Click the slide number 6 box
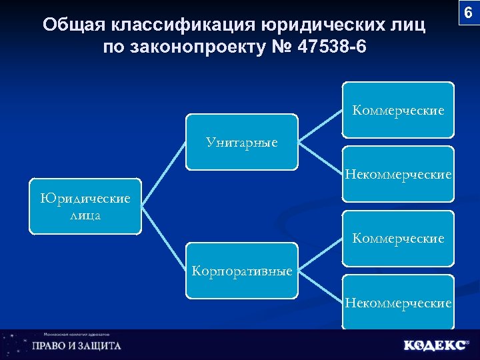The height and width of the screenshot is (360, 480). [x=467, y=13]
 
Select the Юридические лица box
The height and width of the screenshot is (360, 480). [x=85, y=206]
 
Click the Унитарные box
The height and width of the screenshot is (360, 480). [x=242, y=141]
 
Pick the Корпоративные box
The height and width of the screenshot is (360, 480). [x=242, y=271]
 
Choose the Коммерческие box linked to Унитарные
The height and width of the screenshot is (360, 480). [x=398, y=110]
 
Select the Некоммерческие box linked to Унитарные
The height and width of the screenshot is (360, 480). [x=398, y=174]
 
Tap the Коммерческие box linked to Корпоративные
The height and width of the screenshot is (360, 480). [x=398, y=238]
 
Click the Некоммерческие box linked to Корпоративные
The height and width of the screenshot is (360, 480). [x=398, y=303]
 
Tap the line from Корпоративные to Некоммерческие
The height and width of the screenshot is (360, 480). [x=321, y=287]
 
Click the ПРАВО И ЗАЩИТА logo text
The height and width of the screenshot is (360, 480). [x=77, y=346]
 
